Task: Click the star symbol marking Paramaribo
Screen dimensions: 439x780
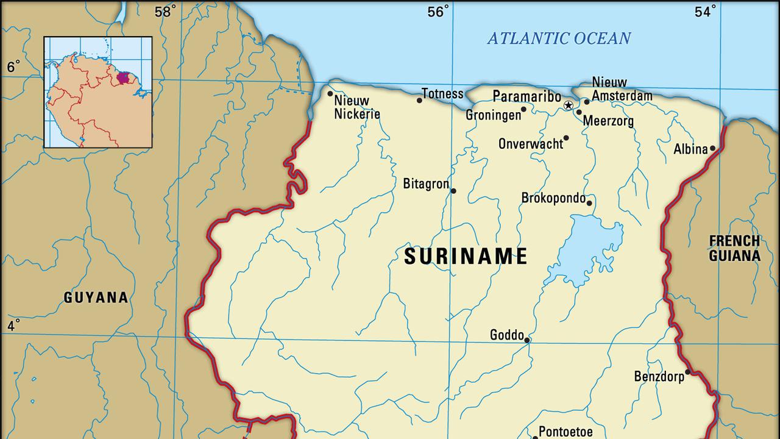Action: point(569,105)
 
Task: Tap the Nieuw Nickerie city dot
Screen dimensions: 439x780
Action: point(330,94)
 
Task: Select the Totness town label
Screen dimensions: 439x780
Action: point(442,94)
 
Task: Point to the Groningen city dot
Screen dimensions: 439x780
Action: point(523,110)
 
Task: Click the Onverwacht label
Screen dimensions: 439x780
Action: point(530,144)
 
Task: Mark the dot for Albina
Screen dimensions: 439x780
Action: point(712,148)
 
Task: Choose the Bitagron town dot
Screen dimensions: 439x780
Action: point(453,191)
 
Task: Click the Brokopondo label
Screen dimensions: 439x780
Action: point(553,198)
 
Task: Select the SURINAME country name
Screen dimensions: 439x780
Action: point(466,257)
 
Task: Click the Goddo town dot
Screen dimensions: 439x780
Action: point(527,340)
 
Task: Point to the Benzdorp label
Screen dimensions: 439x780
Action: point(659,376)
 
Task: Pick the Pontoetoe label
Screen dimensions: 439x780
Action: point(565,432)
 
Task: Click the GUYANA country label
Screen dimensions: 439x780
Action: point(96,298)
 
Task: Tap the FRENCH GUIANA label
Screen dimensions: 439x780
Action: point(734,248)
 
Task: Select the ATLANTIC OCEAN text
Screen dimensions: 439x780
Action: point(559,38)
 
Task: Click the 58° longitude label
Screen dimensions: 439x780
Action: point(165,12)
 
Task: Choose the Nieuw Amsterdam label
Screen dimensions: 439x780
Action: point(622,89)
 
